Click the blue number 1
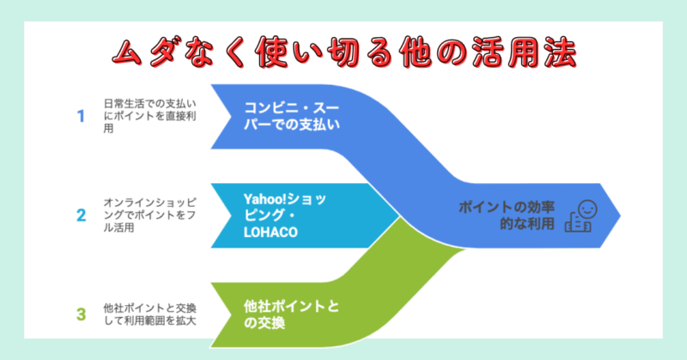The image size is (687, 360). coord(81,116)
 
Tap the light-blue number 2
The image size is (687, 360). coord(81,216)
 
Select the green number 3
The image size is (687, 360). coord(81,314)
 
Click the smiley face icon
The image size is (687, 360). coord(587,209)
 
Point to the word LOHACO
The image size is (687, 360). coord(271,232)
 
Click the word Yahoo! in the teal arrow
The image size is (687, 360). coord(264,199)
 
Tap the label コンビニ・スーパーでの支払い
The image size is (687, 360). coord(292,116)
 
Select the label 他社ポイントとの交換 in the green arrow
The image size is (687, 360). coord(291,314)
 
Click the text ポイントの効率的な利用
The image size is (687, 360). coord(507,216)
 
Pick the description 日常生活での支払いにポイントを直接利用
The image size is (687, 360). coord(149,116)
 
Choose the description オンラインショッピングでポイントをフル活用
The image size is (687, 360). coord(149,216)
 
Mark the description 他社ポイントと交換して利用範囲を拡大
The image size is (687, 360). coord(149,314)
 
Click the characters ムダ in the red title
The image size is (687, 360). coord(143,53)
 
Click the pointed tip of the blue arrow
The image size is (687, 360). coord(620,216)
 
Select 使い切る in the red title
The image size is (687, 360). coord(319,53)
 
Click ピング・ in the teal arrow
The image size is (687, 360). coord(270,216)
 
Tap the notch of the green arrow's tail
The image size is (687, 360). coord(231,314)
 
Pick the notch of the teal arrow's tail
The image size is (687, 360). coord(231,216)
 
